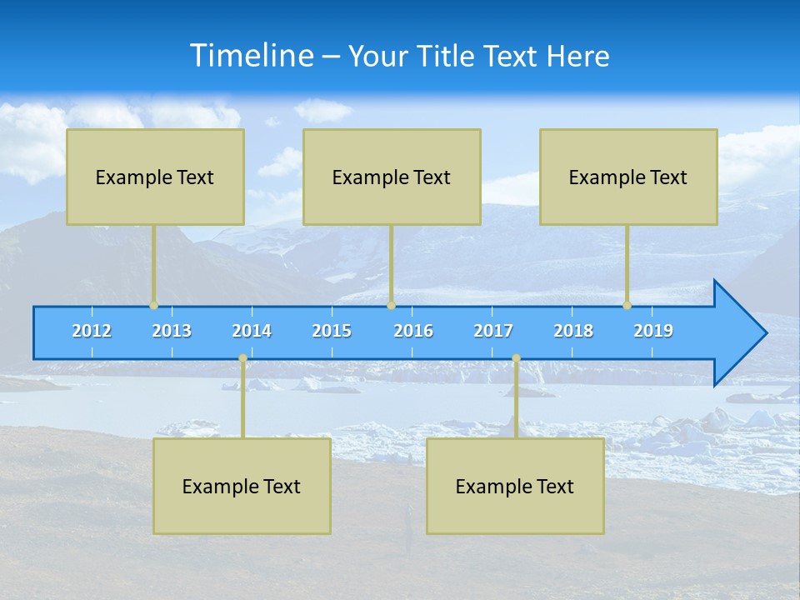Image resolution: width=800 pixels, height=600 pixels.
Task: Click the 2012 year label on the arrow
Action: click(x=92, y=331)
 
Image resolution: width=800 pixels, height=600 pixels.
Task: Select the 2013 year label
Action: click(x=172, y=331)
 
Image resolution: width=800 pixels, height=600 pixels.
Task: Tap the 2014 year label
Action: click(x=252, y=331)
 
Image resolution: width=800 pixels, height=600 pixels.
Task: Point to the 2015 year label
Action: click(x=332, y=331)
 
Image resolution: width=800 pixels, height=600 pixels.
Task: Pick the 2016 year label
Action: click(x=413, y=331)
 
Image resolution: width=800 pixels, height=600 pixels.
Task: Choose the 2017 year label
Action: click(x=493, y=331)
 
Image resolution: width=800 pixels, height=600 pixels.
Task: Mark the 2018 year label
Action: click(x=573, y=331)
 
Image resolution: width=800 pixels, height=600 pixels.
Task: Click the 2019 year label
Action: click(x=653, y=331)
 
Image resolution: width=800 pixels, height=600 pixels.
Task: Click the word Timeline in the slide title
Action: click(x=248, y=56)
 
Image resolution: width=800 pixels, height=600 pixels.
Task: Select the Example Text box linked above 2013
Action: click(x=155, y=177)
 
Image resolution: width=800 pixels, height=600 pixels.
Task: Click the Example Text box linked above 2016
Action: click(x=392, y=177)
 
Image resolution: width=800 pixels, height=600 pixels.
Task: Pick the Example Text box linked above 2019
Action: click(x=628, y=177)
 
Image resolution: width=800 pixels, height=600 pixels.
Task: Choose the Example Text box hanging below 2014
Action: click(x=242, y=486)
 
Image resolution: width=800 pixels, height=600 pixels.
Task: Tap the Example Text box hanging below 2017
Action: click(x=515, y=486)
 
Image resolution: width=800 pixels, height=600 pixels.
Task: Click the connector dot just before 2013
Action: click(x=153, y=306)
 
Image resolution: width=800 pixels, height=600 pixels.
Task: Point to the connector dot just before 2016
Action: click(x=391, y=306)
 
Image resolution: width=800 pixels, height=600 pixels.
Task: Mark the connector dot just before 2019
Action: click(x=627, y=306)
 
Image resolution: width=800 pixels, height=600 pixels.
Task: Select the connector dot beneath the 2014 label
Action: click(x=242, y=358)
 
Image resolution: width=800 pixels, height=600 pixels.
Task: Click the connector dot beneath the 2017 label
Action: click(x=516, y=358)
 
